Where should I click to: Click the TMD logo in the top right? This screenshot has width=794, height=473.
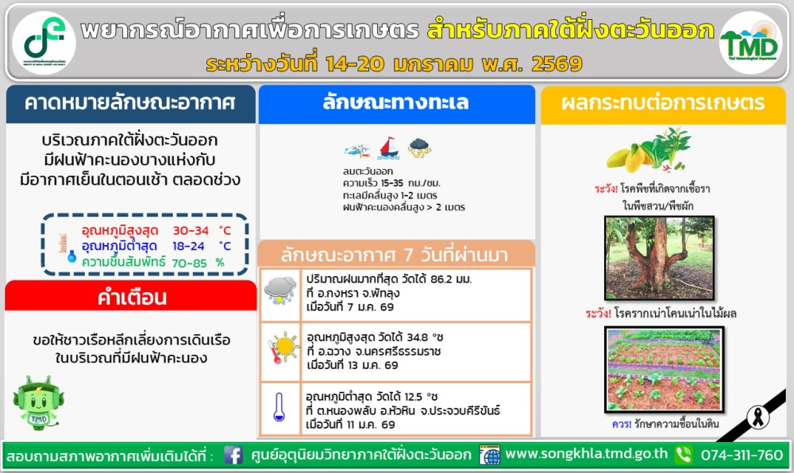(750, 42)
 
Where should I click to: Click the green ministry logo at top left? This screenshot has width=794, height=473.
(44, 42)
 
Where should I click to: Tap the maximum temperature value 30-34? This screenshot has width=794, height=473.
(191, 230)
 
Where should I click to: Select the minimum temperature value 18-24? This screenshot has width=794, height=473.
(188, 246)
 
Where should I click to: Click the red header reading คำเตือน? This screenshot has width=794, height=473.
(131, 298)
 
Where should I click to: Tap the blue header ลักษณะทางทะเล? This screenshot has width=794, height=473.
(396, 103)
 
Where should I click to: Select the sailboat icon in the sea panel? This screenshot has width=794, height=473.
(387, 148)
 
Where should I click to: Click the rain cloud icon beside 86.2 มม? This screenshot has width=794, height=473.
(280, 291)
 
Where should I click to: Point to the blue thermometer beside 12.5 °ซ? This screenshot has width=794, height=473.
(279, 407)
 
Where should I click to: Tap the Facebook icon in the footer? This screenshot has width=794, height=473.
(233, 456)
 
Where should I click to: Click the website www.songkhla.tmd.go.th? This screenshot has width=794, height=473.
(586, 455)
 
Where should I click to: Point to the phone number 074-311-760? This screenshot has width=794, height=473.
(742, 455)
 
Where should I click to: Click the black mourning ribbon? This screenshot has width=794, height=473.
(758, 415)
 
